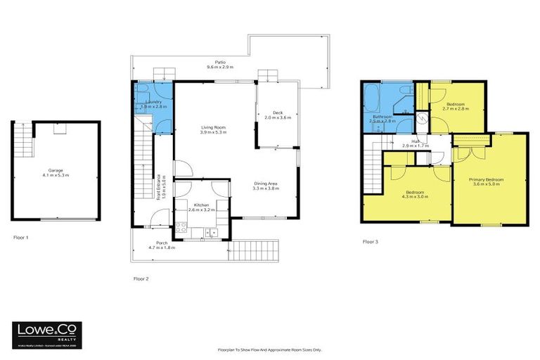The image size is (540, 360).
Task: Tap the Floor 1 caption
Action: click(21, 238)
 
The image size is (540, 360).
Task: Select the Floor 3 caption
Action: click(371, 241)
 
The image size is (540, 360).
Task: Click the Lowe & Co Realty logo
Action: click(47, 331)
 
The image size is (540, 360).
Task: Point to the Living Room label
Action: click(214, 128)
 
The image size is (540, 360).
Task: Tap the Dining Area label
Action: click(266, 184)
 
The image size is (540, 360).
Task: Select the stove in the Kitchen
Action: click(181, 227)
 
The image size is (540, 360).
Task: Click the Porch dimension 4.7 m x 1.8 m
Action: click(161, 248)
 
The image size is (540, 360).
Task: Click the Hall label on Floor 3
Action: click(416, 141)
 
